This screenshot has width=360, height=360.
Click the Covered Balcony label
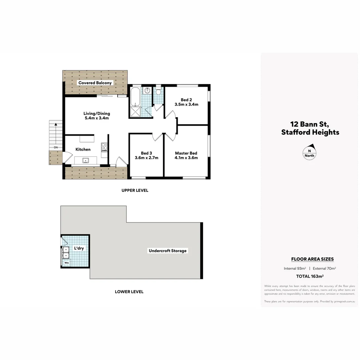(x=95, y=83)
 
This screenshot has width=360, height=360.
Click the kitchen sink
(x=86, y=161)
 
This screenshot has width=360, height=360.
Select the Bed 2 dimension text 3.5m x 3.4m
(x=186, y=104)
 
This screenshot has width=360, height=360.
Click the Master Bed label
(x=186, y=153)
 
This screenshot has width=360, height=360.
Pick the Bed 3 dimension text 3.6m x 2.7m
(x=146, y=158)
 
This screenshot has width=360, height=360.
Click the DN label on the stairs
(x=56, y=147)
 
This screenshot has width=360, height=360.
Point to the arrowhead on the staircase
(x=56, y=124)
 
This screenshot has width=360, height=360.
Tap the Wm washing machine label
(x=67, y=263)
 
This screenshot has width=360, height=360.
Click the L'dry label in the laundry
(x=79, y=248)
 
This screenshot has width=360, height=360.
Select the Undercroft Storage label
(x=168, y=251)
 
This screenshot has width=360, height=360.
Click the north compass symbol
(x=309, y=152)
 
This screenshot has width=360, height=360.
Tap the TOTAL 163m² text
(x=310, y=276)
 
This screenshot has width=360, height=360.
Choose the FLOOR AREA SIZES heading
(x=312, y=259)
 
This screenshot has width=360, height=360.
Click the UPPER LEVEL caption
(x=135, y=190)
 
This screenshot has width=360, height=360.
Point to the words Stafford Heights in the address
(x=310, y=132)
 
